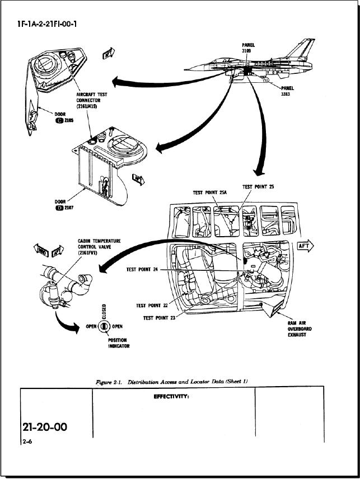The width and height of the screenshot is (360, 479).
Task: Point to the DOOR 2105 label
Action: (59, 120)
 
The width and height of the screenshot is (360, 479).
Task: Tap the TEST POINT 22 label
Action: (152, 306)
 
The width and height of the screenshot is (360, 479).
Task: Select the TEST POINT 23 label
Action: (160, 318)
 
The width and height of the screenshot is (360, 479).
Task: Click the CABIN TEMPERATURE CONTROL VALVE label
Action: (99, 247)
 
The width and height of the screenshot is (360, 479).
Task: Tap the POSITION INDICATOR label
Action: (118, 342)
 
